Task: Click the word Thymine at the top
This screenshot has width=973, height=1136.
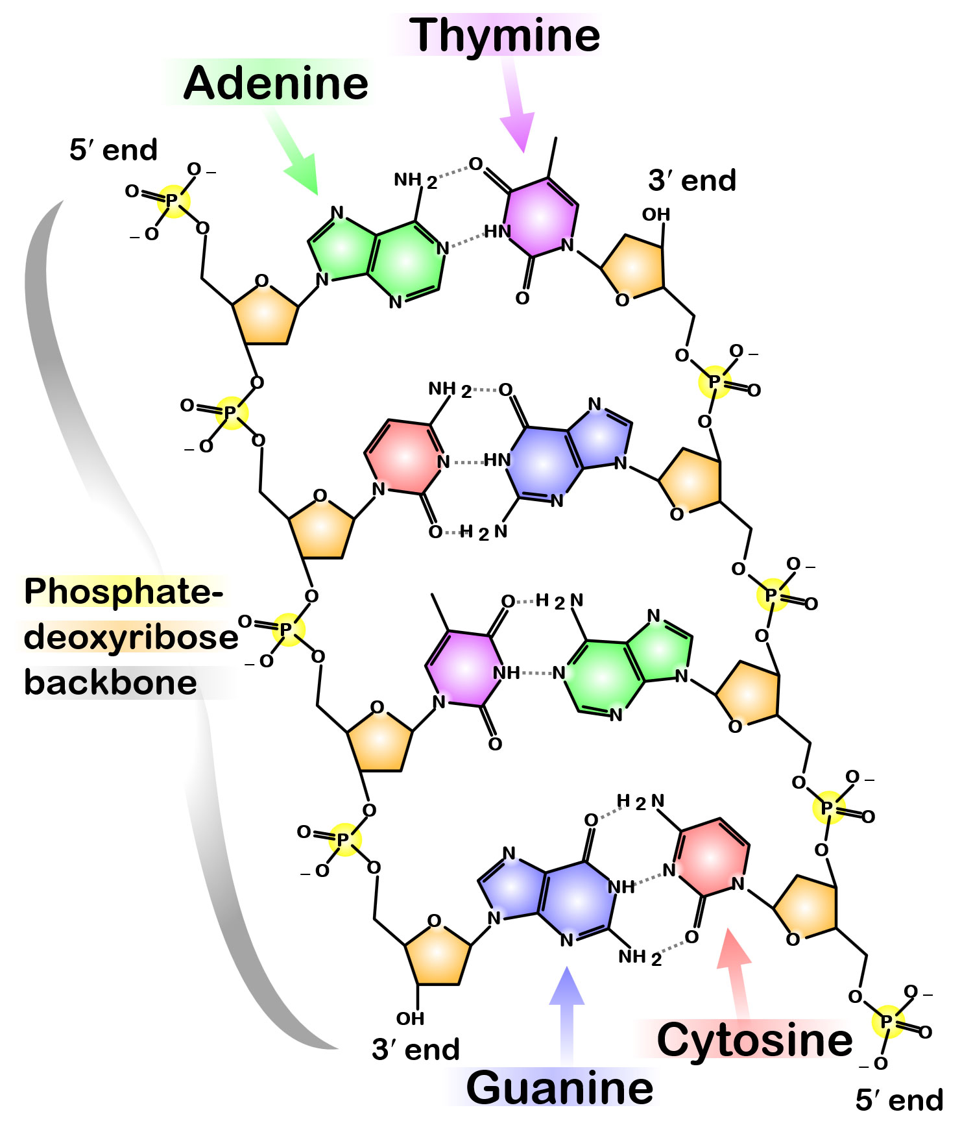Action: click(504, 35)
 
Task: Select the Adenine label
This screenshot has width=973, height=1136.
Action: click(276, 84)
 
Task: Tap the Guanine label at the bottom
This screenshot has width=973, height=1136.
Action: click(559, 1088)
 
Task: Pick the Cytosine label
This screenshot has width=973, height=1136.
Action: click(754, 1040)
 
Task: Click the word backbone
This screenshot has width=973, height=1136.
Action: click(110, 683)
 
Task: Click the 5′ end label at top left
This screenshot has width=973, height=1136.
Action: click(114, 150)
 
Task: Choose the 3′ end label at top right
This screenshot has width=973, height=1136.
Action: click(692, 180)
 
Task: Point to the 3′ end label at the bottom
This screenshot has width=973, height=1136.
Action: click(416, 1050)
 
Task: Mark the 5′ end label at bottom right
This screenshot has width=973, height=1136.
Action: click(899, 1100)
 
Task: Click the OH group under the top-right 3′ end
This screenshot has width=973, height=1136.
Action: click(656, 214)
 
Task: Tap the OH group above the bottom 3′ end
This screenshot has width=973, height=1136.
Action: click(410, 1019)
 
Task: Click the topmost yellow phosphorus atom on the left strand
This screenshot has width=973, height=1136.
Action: click(172, 201)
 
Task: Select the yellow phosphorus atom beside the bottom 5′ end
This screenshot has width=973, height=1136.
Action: click(887, 1022)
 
